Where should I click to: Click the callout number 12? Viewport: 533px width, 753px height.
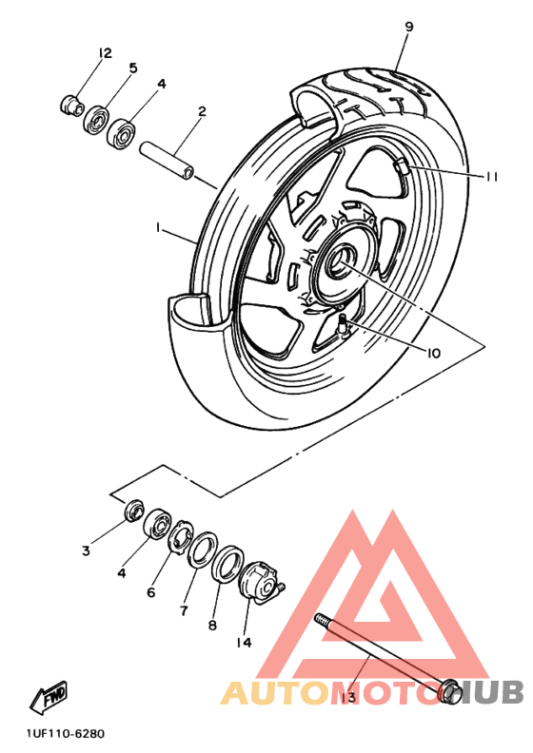[x=105, y=53]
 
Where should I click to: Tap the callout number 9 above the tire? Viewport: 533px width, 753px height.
[x=409, y=27]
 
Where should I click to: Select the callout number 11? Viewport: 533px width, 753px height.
[x=490, y=177]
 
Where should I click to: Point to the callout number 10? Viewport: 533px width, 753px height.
[x=433, y=354]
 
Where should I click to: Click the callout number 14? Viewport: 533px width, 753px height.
[x=245, y=642]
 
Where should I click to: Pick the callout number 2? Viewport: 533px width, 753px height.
[x=202, y=111]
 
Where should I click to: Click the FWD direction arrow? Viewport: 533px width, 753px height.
[x=49, y=697]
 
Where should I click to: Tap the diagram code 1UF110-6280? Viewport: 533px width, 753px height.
[x=66, y=734]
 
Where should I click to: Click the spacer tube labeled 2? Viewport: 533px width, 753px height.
[x=167, y=160]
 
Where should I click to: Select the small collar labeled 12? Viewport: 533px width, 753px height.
[x=72, y=105]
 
